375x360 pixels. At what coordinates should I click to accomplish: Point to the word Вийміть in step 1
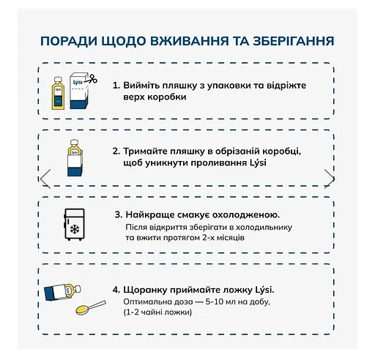(141, 85)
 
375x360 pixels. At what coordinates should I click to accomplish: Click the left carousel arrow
(45, 178)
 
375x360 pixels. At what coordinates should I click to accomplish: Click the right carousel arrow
(330, 178)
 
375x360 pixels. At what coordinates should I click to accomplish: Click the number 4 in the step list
(116, 290)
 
